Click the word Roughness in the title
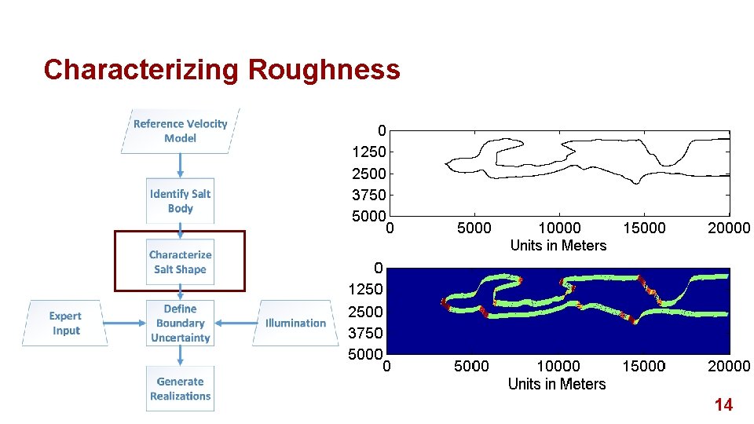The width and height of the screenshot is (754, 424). click(x=324, y=70)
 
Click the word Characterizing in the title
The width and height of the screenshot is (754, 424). click(x=142, y=70)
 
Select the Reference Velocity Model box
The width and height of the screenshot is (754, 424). click(x=180, y=130)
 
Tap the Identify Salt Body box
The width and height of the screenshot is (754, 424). click(x=180, y=201)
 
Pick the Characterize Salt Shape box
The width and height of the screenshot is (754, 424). click(x=180, y=261)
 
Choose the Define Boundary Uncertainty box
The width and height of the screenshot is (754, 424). click(x=180, y=323)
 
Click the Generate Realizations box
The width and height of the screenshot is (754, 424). click(x=180, y=389)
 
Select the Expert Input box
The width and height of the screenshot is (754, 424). click(x=65, y=323)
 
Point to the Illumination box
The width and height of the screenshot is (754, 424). click(x=295, y=323)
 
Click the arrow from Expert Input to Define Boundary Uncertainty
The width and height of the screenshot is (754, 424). click(x=124, y=322)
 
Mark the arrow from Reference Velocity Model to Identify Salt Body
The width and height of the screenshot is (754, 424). click(x=180, y=165)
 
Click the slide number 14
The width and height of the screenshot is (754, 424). click(x=723, y=405)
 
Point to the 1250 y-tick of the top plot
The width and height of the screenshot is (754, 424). click(x=368, y=152)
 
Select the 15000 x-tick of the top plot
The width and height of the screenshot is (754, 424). click(x=643, y=228)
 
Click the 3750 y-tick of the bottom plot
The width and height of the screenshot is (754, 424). click(x=366, y=333)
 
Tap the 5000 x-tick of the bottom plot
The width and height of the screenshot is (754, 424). click(x=471, y=367)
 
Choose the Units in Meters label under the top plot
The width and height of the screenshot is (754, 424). click(x=558, y=246)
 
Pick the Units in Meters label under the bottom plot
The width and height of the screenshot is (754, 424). click(x=557, y=384)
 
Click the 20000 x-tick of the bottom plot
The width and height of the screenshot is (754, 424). click(x=728, y=367)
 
